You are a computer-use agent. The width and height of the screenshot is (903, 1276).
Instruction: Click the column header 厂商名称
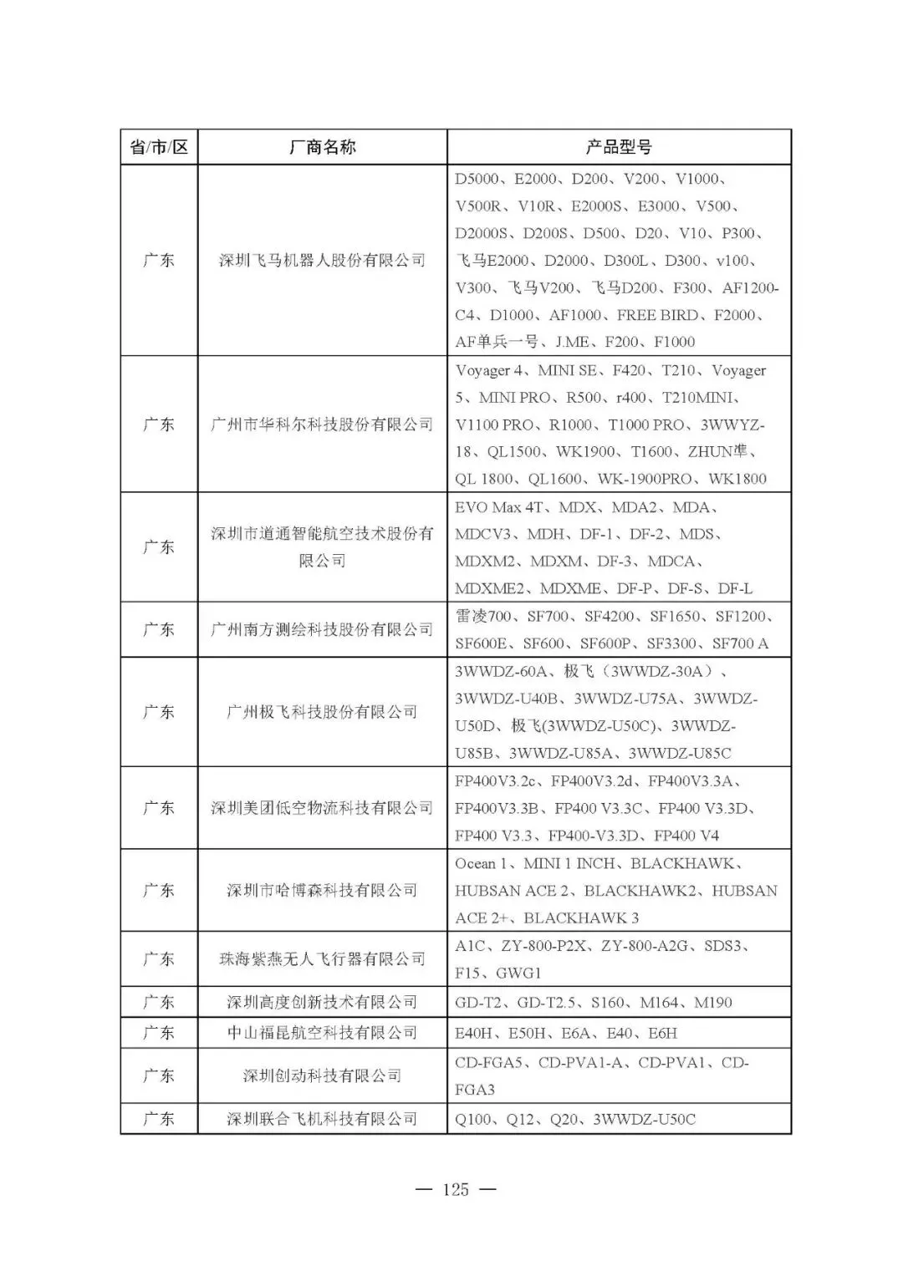(x=322, y=148)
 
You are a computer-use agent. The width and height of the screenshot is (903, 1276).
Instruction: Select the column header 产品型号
(x=619, y=148)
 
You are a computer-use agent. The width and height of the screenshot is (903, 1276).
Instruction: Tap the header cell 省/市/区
(x=159, y=148)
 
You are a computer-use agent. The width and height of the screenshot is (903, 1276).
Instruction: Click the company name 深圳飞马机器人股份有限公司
(x=322, y=261)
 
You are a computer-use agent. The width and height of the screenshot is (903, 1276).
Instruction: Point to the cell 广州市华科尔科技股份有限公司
(x=322, y=424)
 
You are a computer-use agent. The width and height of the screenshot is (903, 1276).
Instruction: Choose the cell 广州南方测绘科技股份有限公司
(x=322, y=629)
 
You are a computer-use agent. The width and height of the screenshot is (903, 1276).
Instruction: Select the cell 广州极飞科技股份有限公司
(x=322, y=712)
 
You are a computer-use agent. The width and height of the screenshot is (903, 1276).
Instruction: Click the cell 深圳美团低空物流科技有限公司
(x=322, y=808)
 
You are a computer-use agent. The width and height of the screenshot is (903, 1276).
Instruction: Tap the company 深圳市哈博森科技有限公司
(x=322, y=891)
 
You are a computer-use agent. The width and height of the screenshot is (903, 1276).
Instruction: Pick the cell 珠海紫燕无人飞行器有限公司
(x=322, y=959)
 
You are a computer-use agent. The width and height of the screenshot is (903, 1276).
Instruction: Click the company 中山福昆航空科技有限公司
(x=322, y=1033)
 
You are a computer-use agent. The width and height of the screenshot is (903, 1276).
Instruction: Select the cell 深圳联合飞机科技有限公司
(x=322, y=1119)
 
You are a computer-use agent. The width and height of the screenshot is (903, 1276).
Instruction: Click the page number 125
(x=456, y=1189)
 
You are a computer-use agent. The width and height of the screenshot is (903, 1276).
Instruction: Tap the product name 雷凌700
(x=483, y=617)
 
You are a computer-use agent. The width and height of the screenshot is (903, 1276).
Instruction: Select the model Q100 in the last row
(x=474, y=1119)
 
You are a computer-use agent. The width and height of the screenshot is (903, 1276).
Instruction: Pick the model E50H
(x=527, y=1033)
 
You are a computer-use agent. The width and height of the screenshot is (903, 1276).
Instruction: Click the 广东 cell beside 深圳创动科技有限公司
(x=159, y=1075)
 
